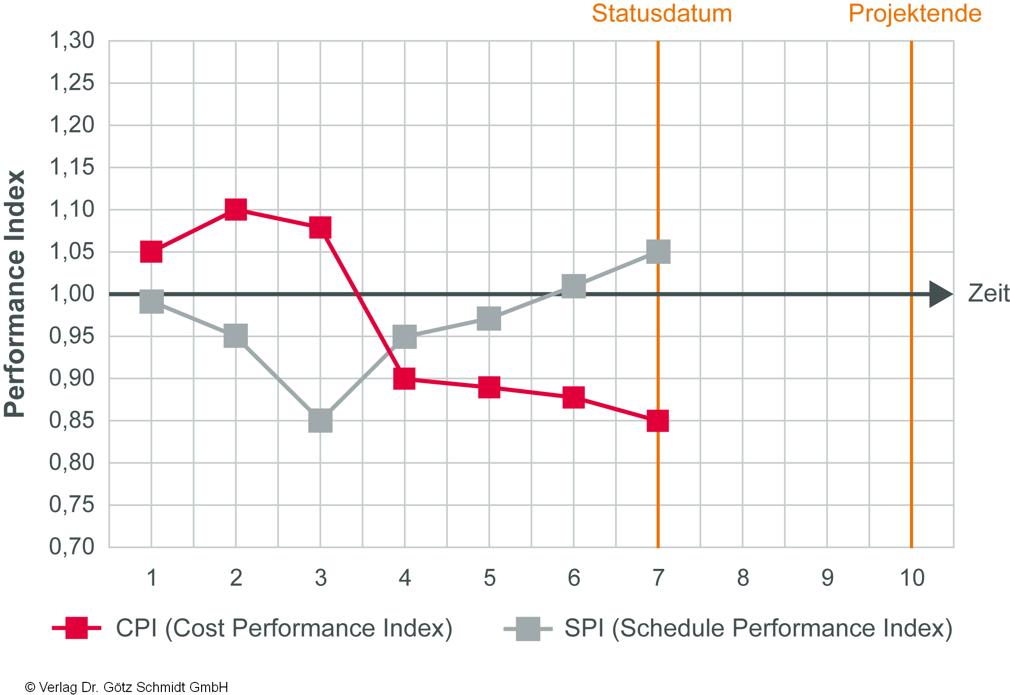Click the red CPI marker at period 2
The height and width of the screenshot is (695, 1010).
pos(236,210)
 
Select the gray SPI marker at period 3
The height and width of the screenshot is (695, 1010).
pos(320,420)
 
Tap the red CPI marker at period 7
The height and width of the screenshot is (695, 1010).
pos(658,420)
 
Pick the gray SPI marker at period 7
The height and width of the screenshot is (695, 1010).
pos(658,251)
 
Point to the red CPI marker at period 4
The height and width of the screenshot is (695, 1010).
pos(405,378)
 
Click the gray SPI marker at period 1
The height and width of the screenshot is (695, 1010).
pos(151,301)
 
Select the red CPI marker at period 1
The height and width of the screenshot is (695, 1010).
pos(151,251)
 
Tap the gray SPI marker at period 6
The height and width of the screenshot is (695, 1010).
pos(574,286)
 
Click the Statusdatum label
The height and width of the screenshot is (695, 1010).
pos(662,14)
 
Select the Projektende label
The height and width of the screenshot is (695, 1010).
pos(914,14)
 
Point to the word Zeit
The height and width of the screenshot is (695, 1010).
pos(988,294)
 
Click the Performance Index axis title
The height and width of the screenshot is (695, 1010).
pos(15,294)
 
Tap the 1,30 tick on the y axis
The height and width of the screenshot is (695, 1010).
pos(72,40)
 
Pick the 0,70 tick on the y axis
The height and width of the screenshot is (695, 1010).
pos(72,547)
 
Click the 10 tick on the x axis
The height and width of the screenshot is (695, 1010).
pos(911,578)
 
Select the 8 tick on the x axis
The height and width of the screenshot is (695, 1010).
pos(743,578)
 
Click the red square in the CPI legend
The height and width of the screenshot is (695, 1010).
pos(76,628)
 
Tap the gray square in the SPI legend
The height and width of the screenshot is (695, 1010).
pos(528,629)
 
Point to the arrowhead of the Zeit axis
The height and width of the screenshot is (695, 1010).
pos(940,294)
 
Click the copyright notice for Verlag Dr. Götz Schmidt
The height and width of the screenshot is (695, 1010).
pos(126,687)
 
